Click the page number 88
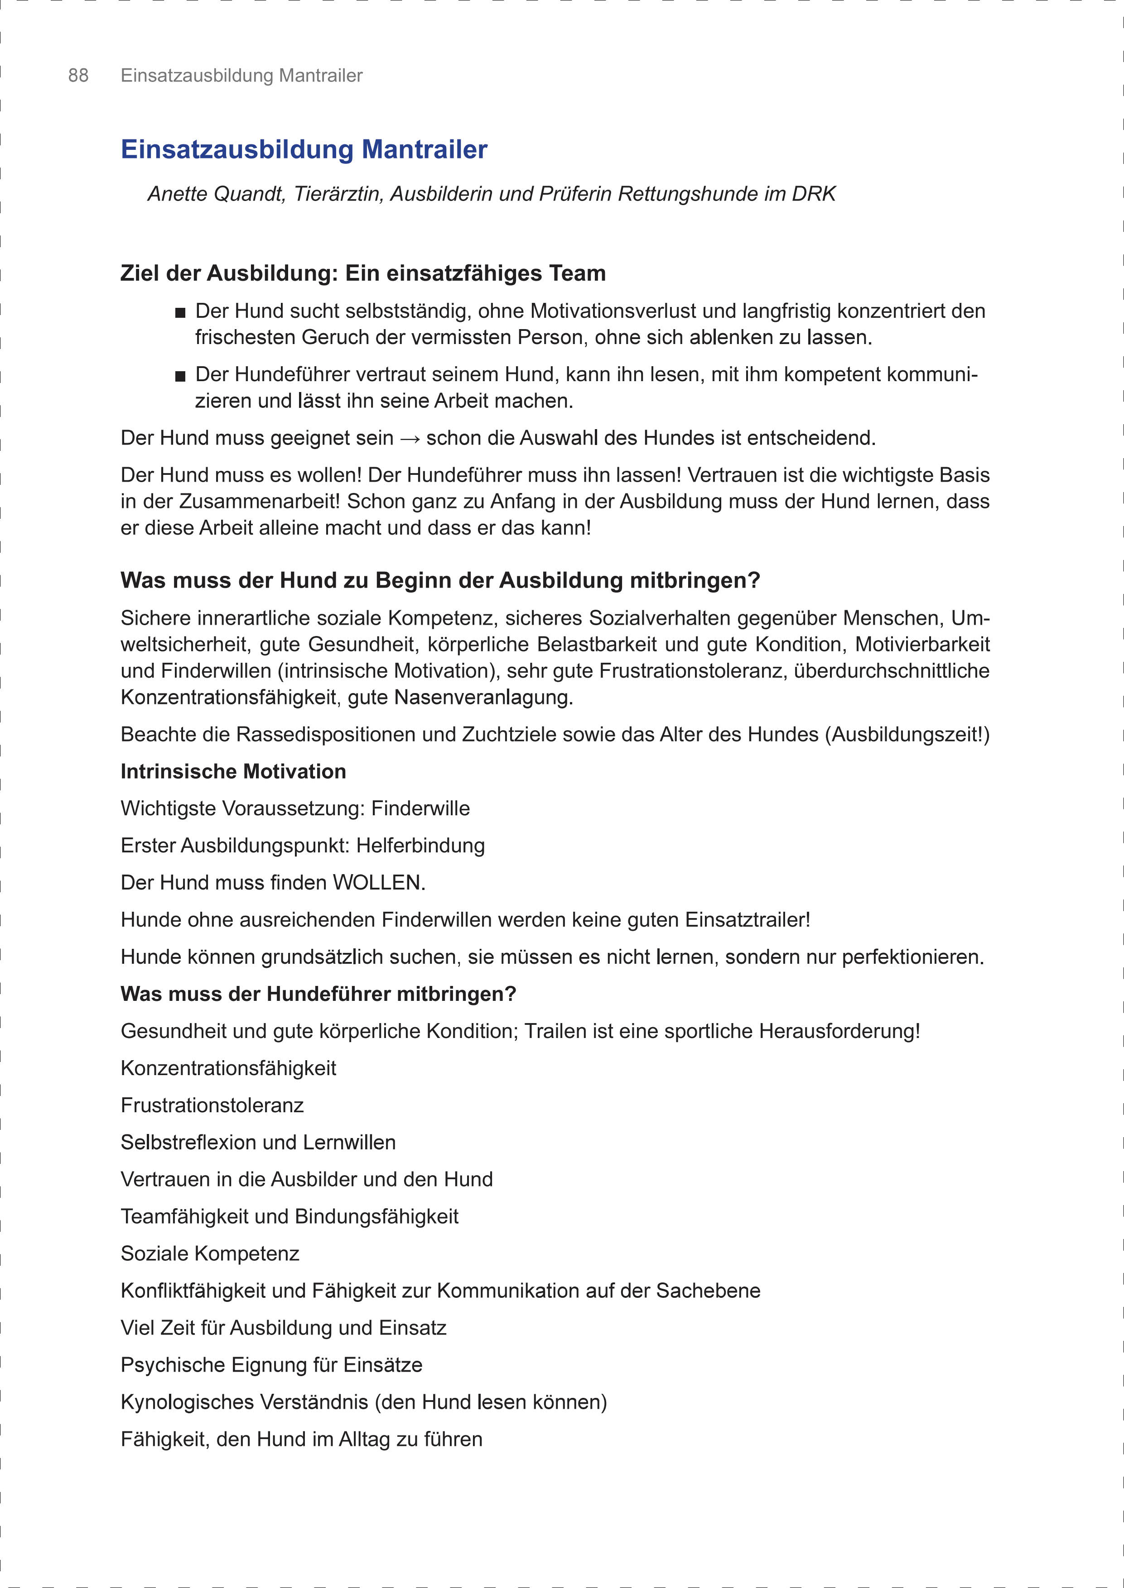(78, 76)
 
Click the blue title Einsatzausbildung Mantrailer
(304, 149)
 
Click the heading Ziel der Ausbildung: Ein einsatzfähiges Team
(363, 273)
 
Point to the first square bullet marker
(181, 313)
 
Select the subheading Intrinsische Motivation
(233, 771)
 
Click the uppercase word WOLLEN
(377, 883)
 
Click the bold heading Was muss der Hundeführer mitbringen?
(318, 994)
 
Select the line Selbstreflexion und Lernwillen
(258, 1142)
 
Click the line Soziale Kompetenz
(210, 1253)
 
